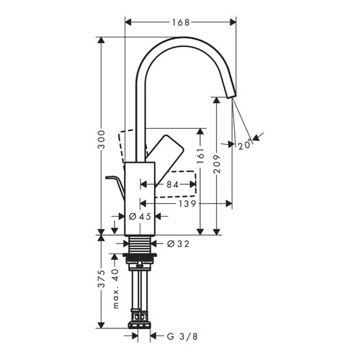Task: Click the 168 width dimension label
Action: (181, 22)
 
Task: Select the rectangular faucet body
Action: (140, 198)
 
